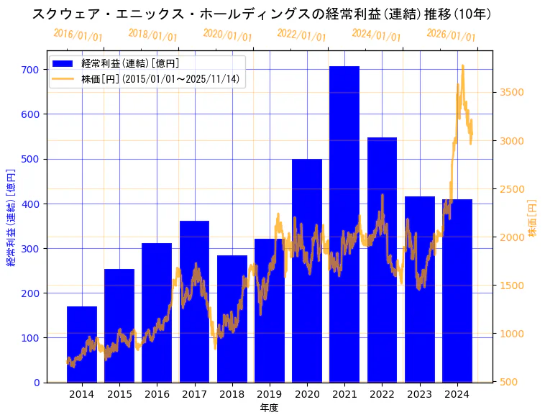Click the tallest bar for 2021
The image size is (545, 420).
point(344,223)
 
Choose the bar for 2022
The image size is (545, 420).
point(382,259)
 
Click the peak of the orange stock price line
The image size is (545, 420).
point(462,65)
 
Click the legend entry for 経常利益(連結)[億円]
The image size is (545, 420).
point(129,64)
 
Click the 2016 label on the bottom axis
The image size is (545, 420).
point(157,395)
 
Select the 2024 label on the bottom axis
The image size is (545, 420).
point(457,395)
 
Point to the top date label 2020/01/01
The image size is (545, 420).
point(227,35)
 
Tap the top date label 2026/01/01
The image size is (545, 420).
point(451,35)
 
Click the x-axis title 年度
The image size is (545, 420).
point(269,408)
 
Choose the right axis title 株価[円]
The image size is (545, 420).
point(533,219)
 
